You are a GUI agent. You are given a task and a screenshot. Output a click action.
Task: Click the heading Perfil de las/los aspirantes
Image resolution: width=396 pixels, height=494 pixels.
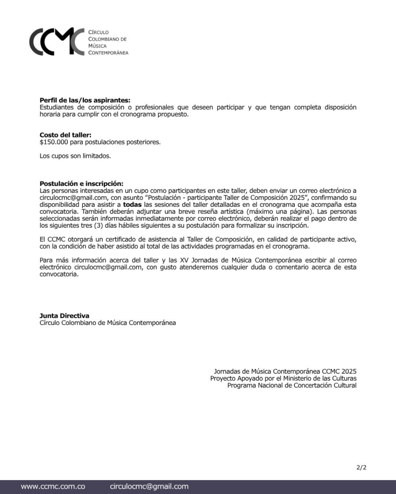point(85,100)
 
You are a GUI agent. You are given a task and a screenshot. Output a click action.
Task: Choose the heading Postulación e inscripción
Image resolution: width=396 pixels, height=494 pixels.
point(81,184)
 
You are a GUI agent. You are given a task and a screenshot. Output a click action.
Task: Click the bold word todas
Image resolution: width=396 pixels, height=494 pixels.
point(132,205)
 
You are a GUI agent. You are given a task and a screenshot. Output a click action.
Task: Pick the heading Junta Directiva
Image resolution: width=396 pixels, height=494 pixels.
point(65,316)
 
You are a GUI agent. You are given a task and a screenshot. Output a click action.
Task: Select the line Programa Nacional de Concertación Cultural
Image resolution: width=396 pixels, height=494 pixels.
point(292,386)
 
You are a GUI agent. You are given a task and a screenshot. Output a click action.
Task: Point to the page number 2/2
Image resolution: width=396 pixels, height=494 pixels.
point(362,468)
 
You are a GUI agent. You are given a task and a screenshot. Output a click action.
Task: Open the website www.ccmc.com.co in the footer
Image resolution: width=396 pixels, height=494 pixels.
point(53,486)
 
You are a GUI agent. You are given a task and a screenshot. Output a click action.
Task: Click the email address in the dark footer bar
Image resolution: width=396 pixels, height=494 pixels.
point(149,486)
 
